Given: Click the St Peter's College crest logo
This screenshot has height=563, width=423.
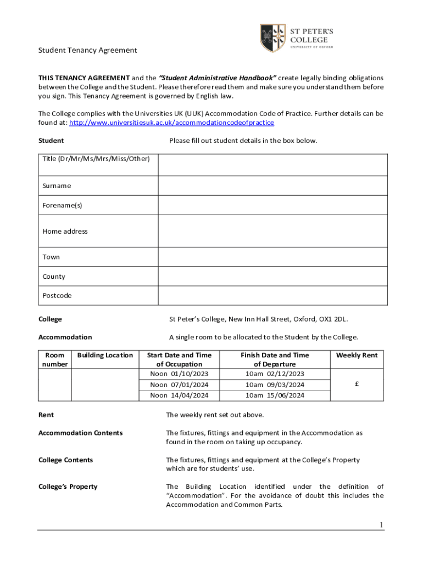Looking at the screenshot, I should click(x=272, y=38).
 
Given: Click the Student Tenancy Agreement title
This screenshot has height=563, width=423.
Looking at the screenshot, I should click(x=87, y=50).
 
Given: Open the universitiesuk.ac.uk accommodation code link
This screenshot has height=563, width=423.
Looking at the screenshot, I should click(x=171, y=123).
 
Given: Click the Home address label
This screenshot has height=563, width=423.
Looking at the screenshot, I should click(x=65, y=231).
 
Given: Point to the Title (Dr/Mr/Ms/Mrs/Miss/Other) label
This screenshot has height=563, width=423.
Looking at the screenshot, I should click(x=96, y=159).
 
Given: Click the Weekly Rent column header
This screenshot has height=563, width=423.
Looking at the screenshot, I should click(x=357, y=355).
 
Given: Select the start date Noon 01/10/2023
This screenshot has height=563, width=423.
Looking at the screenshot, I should click(x=179, y=374).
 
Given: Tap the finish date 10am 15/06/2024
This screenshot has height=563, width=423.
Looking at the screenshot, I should click(x=274, y=395).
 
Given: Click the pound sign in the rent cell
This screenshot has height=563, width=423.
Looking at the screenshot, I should click(x=357, y=385).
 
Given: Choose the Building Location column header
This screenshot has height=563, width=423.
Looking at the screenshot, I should click(x=105, y=355).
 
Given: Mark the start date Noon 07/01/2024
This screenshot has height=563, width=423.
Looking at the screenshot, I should click(x=179, y=385).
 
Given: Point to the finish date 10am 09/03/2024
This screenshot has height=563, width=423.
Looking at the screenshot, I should click(x=274, y=385).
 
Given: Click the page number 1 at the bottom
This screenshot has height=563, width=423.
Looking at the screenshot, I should click(x=381, y=525).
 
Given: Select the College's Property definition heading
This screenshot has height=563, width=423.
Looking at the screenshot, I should click(x=68, y=487).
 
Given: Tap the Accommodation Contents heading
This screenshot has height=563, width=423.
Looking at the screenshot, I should click(x=80, y=433).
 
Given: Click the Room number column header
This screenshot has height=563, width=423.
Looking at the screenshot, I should click(x=55, y=360).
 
